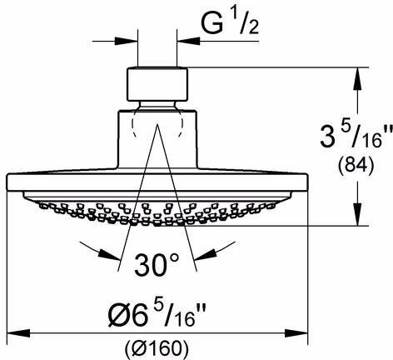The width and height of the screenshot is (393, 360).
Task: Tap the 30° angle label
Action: (x=157, y=265)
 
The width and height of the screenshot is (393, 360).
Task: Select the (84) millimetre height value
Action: (x=356, y=166)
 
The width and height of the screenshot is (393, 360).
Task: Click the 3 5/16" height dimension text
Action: (x=356, y=137)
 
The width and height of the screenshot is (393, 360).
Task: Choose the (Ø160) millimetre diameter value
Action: (x=157, y=347)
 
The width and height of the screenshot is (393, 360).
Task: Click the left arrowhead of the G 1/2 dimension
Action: (x=127, y=42)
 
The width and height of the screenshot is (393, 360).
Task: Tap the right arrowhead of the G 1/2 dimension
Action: (x=188, y=42)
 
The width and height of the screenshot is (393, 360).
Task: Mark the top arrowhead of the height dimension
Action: (x=357, y=78)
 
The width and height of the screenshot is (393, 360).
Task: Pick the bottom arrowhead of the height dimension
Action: (x=357, y=214)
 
